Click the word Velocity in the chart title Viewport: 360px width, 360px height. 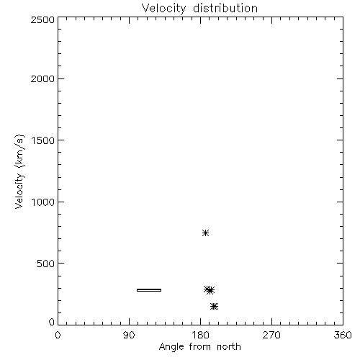[x=163, y=9]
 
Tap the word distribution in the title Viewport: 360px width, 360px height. [x=225, y=8]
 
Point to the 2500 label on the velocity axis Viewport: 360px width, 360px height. [x=42, y=19]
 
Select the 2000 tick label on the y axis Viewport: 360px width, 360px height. [x=42, y=79]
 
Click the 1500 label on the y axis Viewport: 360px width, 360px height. [x=43, y=140]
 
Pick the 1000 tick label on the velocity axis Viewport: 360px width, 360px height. [x=43, y=202]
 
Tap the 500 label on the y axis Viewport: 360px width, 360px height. [x=46, y=264]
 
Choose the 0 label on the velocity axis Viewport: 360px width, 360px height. [x=52, y=322]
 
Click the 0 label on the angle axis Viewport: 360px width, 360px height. [x=58, y=335]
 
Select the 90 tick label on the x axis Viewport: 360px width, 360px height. [x=129, y=335]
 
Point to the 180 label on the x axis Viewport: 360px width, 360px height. [x=200, y=335]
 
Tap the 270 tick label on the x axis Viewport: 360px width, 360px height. [x=271, y=335]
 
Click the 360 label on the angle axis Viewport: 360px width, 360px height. [x=343, y=335]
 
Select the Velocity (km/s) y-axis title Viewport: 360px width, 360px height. [x=19, y=171]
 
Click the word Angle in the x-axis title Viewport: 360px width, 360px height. [x=171, y=347]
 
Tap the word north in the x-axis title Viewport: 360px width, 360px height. [x=229, y=346]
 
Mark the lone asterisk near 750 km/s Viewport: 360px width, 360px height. [x=205, y=233]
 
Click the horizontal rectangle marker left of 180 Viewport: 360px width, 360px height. [x=149, y=290]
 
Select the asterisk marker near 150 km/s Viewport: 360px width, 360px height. [x=214, y=306]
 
